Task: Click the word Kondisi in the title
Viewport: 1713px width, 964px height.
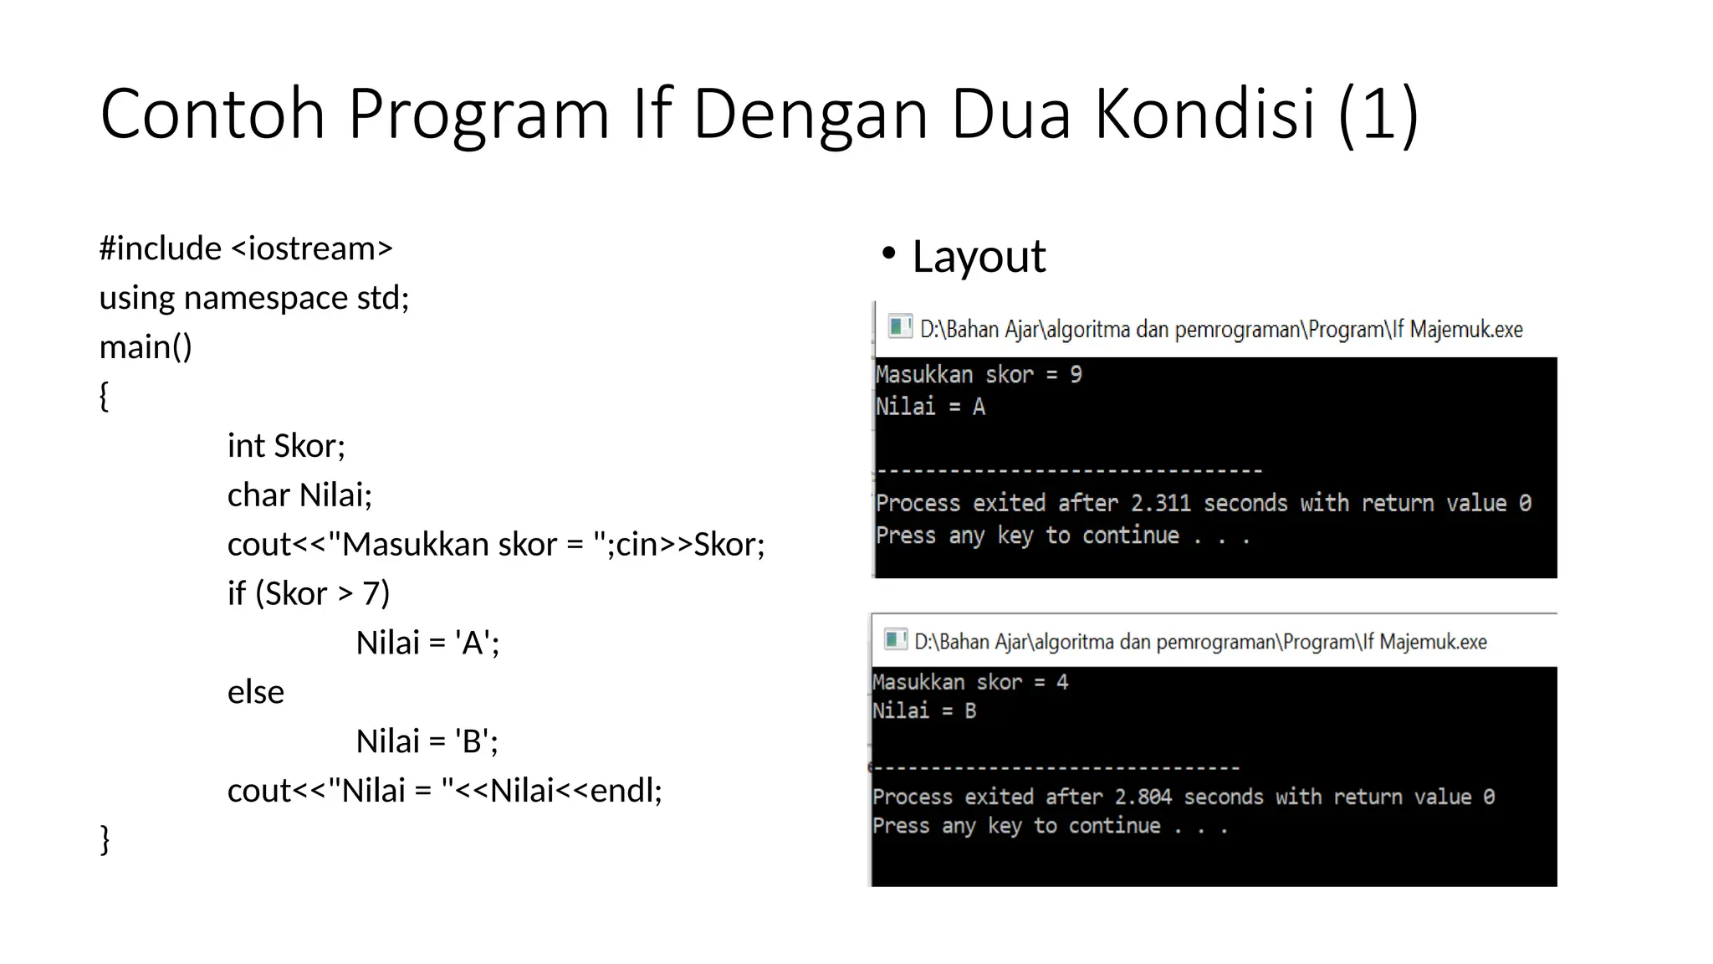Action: [x=1204, y=114]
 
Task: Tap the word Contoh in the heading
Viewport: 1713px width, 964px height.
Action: [x=212, y=114]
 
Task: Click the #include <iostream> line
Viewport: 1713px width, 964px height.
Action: [x=246, y=249]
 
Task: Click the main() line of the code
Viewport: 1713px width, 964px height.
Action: [x=146, y=346]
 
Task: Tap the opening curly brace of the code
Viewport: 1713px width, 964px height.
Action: [x=105, y=396]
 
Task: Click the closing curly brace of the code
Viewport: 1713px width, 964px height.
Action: [x=105, y=838]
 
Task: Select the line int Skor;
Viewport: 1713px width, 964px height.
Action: [x=286, y=446]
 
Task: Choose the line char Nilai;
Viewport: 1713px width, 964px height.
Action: [x=299, y=495]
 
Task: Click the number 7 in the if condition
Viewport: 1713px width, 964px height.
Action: [x=371, y=594]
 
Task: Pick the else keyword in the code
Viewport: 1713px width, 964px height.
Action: [x=256, y=692]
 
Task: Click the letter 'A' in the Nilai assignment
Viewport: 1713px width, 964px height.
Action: [x=473, y=644]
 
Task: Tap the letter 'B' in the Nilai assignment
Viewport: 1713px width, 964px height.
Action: [x=473, y=741]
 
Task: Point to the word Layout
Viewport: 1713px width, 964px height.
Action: [x=979, y=256]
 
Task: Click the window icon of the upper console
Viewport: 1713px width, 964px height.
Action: [x=899, y=326]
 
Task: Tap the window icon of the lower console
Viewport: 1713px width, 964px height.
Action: [x=895, y=640]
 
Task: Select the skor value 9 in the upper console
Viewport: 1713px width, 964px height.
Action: [x=1076, y=375]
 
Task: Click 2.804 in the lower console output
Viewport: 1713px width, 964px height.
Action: [x=1143, y=797]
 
